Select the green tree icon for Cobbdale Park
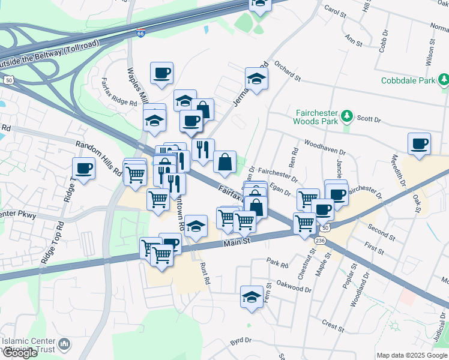[x=444, y=80]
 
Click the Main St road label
[x=236, y=242]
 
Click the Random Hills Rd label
[x=98, y=158]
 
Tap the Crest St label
[x=332, y=325]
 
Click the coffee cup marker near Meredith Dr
[x=419, y=143]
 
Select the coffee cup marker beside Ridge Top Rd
[x=83, y=168]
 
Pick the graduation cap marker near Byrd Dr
[x=252, y=296]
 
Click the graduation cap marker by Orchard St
[x=256, y=78]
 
